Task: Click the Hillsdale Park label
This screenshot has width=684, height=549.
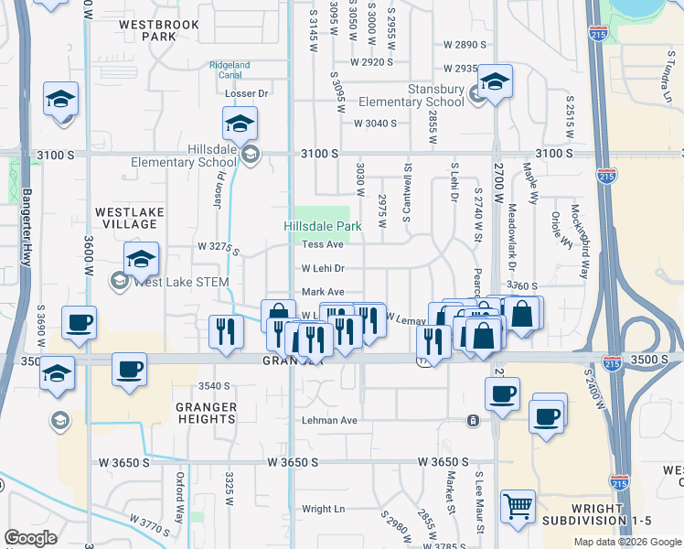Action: click(323, 225)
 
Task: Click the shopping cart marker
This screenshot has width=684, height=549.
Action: click(518, 507)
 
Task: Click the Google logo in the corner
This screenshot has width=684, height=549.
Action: click(30, 538)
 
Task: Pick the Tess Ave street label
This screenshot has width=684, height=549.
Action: click(323, 245)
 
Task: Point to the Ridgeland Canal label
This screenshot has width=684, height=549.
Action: click(230, 70)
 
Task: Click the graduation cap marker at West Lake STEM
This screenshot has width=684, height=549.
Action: click(141, 260)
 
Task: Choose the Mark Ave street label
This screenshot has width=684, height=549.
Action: click(323, 292)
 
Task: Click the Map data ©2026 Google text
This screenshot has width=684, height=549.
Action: click(627, 542)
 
